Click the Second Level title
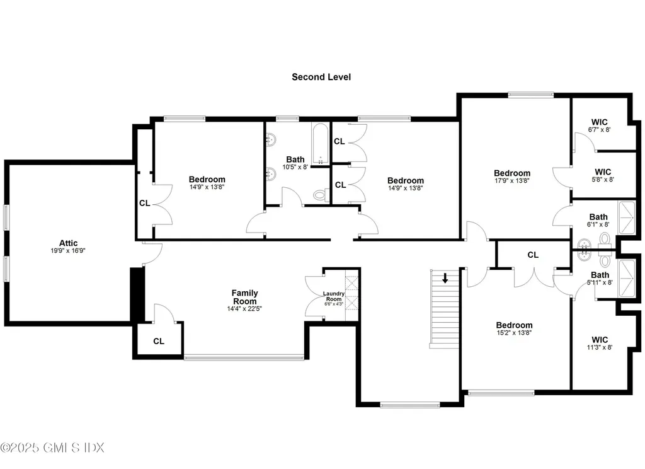pyautogui.click(x=321, y=77)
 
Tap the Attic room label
pyautogui.click(x=67, y=243)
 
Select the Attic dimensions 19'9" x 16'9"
pyautogui.click(x=67, y=251)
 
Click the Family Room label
pyautogui.click(x=244, y=293)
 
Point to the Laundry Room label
pyautogui.click(x=333, y=296)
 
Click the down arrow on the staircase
pyautogui.click(x=445, y=277)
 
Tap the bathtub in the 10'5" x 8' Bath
pyautogui.click(x=319, y=143)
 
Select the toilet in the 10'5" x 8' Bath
pyautogui.click(x=320, y=196)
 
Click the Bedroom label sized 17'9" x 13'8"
pyautogui.click(x=511, y=173)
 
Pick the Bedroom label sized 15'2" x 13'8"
pyautogui.click(x=514, y=325)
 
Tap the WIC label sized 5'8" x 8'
pyautogui.click(x=602, y=171)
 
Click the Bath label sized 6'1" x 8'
pyautogui.click(x=598, y=217)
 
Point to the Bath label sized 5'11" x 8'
pyautogui.click(x=600, y=275)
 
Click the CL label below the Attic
pyautogui.click(x=159, y=342)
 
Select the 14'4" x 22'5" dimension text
pyautogui.click(x=244, y=309)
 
